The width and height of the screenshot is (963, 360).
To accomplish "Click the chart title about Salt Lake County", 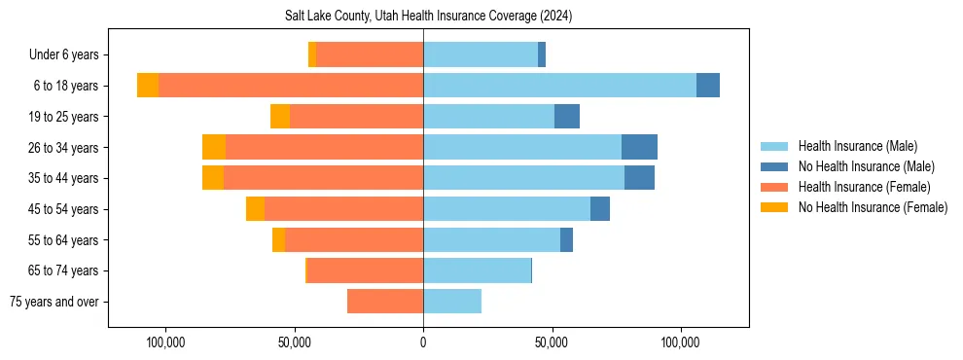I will (428, 17).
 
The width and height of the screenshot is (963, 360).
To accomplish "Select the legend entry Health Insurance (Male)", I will (857, 146).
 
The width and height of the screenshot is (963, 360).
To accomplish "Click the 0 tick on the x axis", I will (423, 342).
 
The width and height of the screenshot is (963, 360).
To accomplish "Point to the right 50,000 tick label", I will (552, 342).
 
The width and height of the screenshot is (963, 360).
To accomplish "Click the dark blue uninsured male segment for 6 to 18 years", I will (708, 86).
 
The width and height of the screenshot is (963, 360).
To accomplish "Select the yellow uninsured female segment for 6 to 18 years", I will (148, 86).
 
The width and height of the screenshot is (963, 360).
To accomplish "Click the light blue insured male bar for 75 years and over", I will (452, 302).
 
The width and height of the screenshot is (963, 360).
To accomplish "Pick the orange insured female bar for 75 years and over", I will (385, 302).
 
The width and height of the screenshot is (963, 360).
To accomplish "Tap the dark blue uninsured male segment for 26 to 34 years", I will (639, 147).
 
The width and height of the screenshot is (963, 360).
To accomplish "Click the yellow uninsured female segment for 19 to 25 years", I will (280, 117).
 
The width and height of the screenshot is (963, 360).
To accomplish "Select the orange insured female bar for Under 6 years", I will (370, 54).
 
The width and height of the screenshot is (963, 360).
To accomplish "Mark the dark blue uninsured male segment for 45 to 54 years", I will (600, 209).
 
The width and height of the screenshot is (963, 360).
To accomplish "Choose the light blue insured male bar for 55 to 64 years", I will (491, 239).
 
